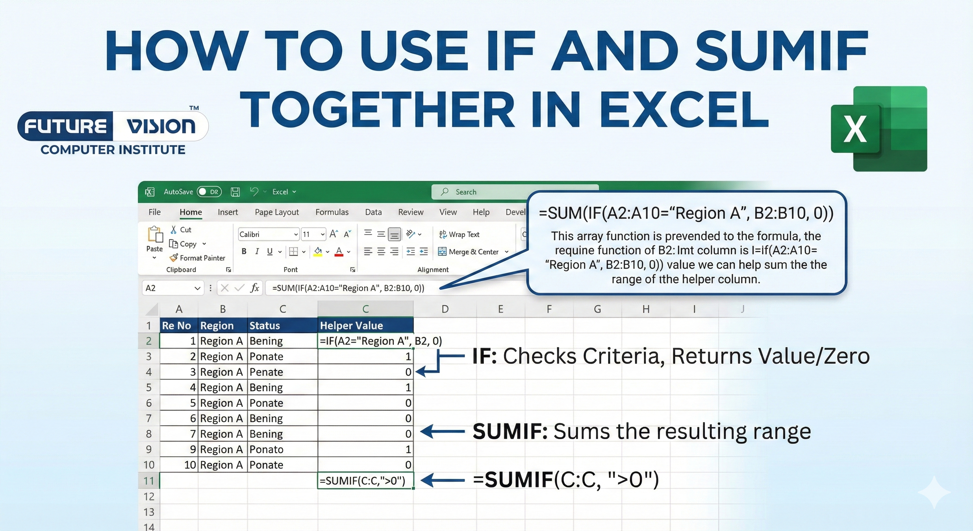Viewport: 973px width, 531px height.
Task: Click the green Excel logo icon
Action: pos(879,129)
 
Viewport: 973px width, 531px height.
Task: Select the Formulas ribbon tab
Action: pos(332,212)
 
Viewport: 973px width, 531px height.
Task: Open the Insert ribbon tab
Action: pos(227,212)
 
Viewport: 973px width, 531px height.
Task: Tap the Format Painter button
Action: pos(198,258)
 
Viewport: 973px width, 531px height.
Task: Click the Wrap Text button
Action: pos(459,234)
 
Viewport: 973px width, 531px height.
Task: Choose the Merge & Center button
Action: pos(473,252)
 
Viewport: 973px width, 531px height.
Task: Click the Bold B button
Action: pos(244,251)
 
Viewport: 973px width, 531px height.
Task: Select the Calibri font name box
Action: pos(267,234)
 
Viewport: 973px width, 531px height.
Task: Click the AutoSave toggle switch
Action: pos(208,192)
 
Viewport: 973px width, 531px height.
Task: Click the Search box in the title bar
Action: pos(514,192)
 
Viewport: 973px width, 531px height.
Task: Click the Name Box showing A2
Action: pos(172,288)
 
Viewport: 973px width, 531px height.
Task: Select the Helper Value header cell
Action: pos(365,325)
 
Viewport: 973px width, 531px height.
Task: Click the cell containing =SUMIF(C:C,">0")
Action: pos(365,481)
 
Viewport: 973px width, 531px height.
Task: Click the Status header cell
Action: pos(282,325)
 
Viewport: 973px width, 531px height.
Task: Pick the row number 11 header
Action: pos(149,481)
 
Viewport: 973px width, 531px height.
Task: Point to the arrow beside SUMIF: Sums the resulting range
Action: pos(442,431)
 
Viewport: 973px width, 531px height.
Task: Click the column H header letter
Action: pos(646,309)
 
